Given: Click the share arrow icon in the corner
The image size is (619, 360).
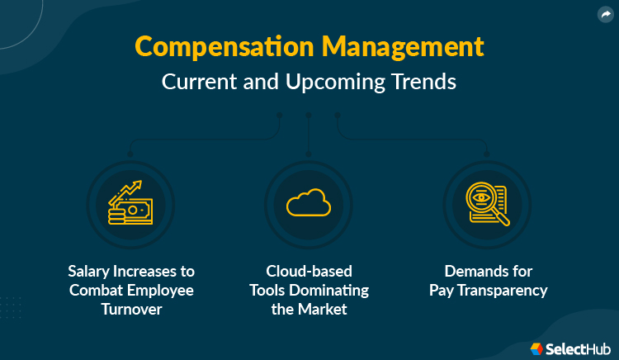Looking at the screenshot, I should pyautogui.click(x=605, y=14).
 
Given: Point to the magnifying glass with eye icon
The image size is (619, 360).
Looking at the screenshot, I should pyautogui.click(x=486, y=203).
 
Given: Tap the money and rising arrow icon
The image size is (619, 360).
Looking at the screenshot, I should pyautogui.click(x=130, y=203).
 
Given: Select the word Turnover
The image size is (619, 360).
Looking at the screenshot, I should pyautogui.click(x=131, y=309).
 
